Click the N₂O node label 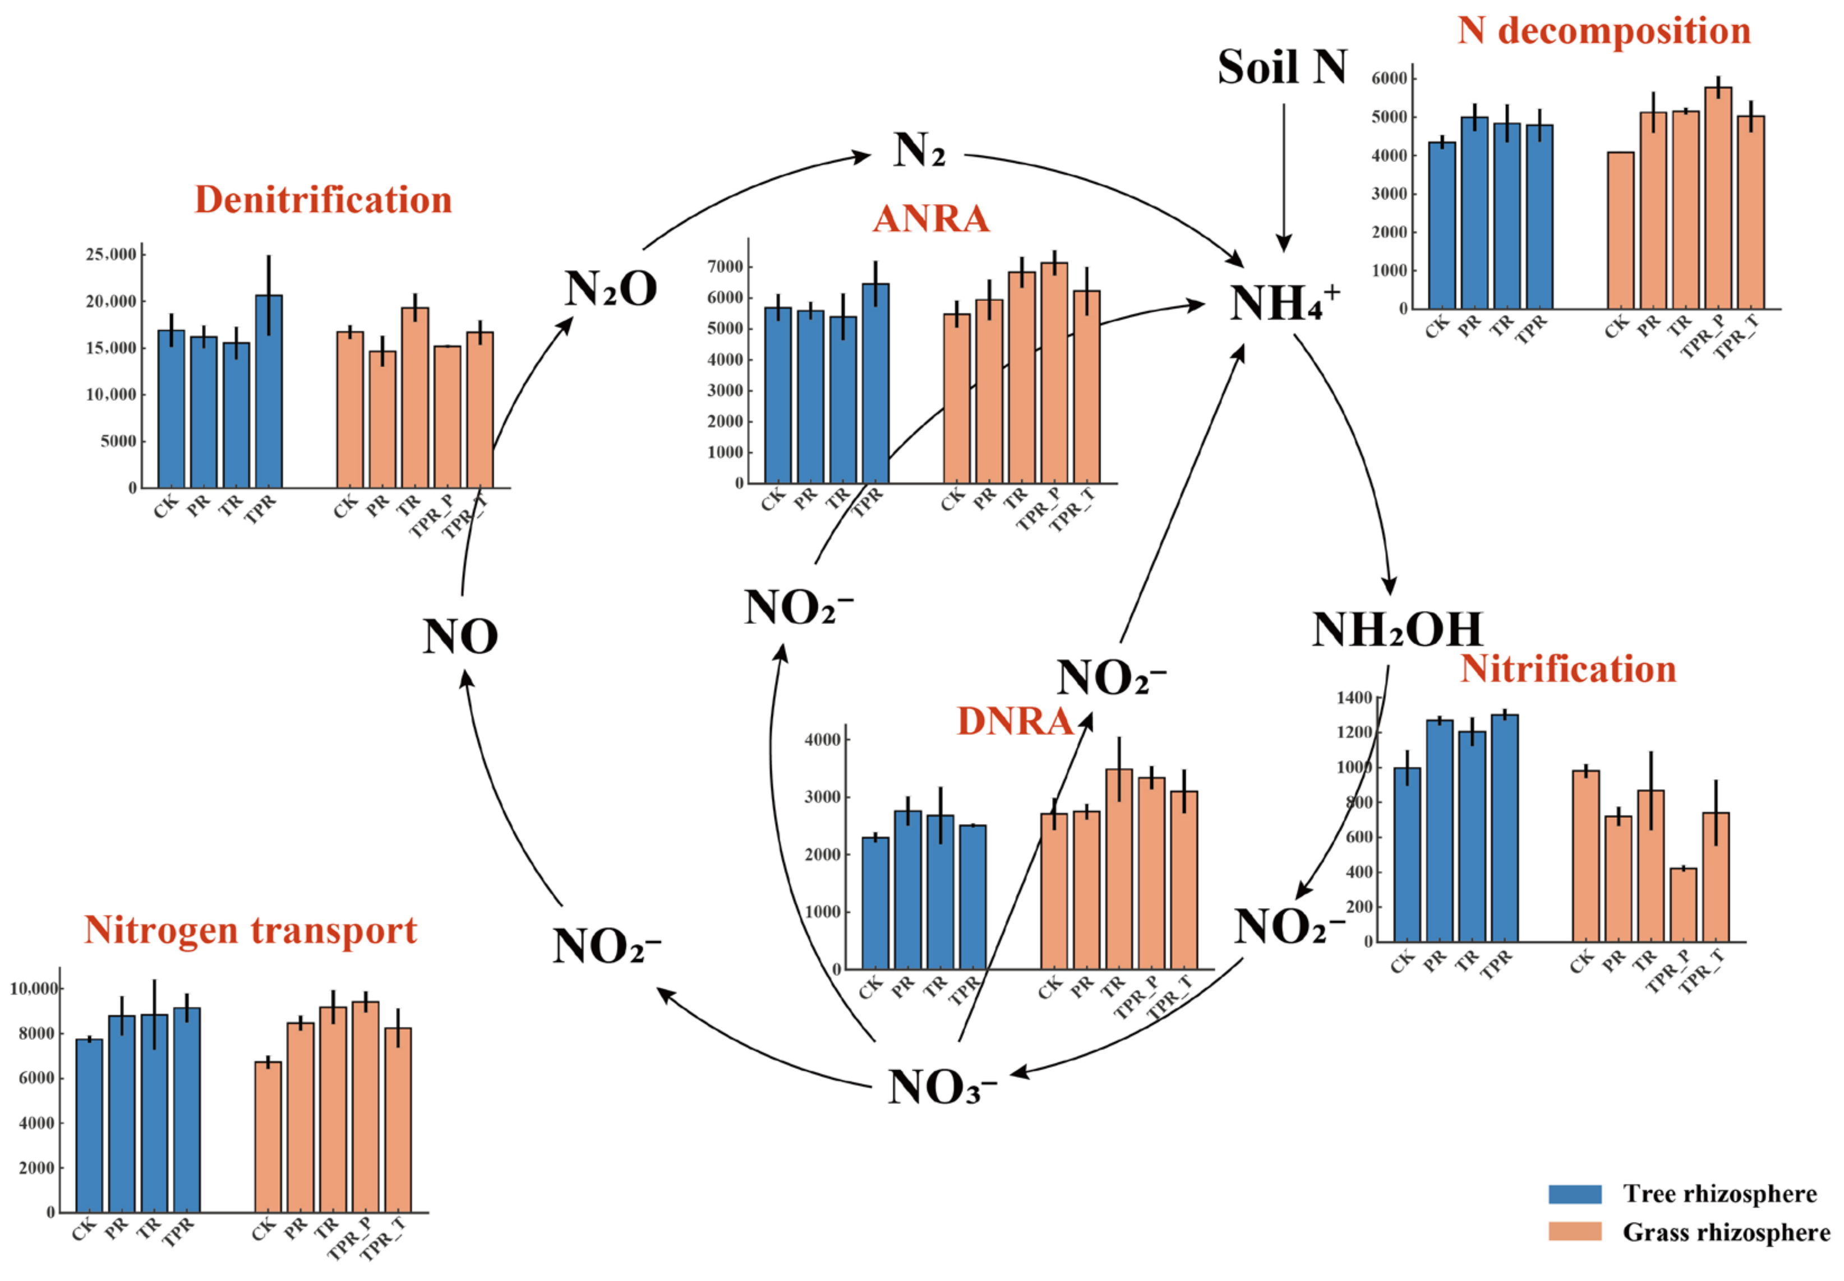point(610,288)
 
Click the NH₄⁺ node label point(1283,303)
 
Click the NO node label point(460,636)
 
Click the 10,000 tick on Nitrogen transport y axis point(34,989)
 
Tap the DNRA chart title point(1015,721)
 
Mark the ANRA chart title point(930,218)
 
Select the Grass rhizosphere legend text point(1726,1232)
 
